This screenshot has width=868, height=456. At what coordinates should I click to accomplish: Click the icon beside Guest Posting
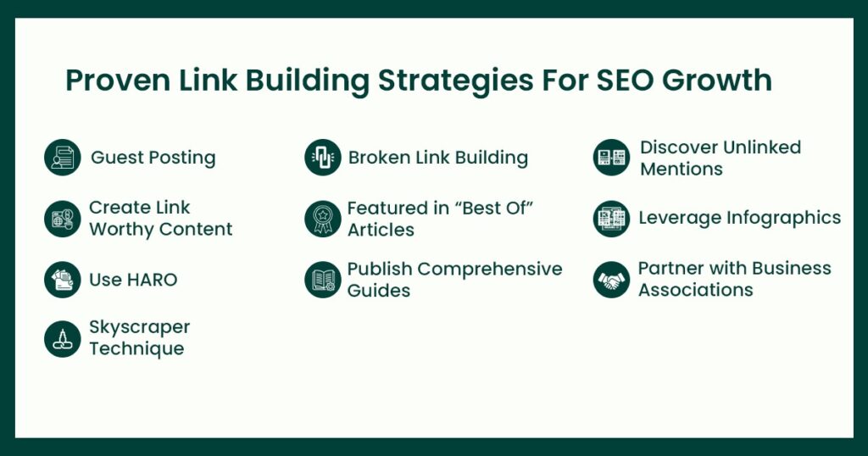click(x=63, y=157)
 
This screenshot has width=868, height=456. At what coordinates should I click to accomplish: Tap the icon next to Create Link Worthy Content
click(x=63, y=219)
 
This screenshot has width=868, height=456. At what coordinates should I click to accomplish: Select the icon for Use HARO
click(x=63, y=280)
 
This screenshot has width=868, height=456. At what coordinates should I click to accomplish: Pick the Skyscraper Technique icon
click(x=63, y=339)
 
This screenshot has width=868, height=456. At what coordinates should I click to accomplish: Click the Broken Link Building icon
click(x=323, y=157)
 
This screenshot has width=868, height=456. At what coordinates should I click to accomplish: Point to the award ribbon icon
click(x=323, y=219)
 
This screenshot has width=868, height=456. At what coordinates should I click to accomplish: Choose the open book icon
click(x=323, y=280)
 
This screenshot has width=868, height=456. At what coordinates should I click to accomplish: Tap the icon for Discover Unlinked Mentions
click(x=611, y=157)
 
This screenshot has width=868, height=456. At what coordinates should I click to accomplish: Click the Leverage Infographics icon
click(x=611, y=219)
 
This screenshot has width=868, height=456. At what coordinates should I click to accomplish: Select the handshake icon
click(x=611, y=280)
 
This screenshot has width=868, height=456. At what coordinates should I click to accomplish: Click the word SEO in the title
click(x=625, y=81)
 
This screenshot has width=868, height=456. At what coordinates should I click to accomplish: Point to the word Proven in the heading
click(x=118, y=81)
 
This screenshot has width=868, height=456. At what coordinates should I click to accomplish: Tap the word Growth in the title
click(x=717, y=81)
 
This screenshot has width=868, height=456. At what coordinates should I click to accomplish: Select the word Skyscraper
click(x=140, y=328)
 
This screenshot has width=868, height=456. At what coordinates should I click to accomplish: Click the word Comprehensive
click(x=490, y=270)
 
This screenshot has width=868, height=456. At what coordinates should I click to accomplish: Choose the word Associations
click(x=696, y=289)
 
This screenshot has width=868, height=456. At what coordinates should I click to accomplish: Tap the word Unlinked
click(x=762, y=147)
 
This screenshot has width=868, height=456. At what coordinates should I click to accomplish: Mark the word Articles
click(x=381, y=229)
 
